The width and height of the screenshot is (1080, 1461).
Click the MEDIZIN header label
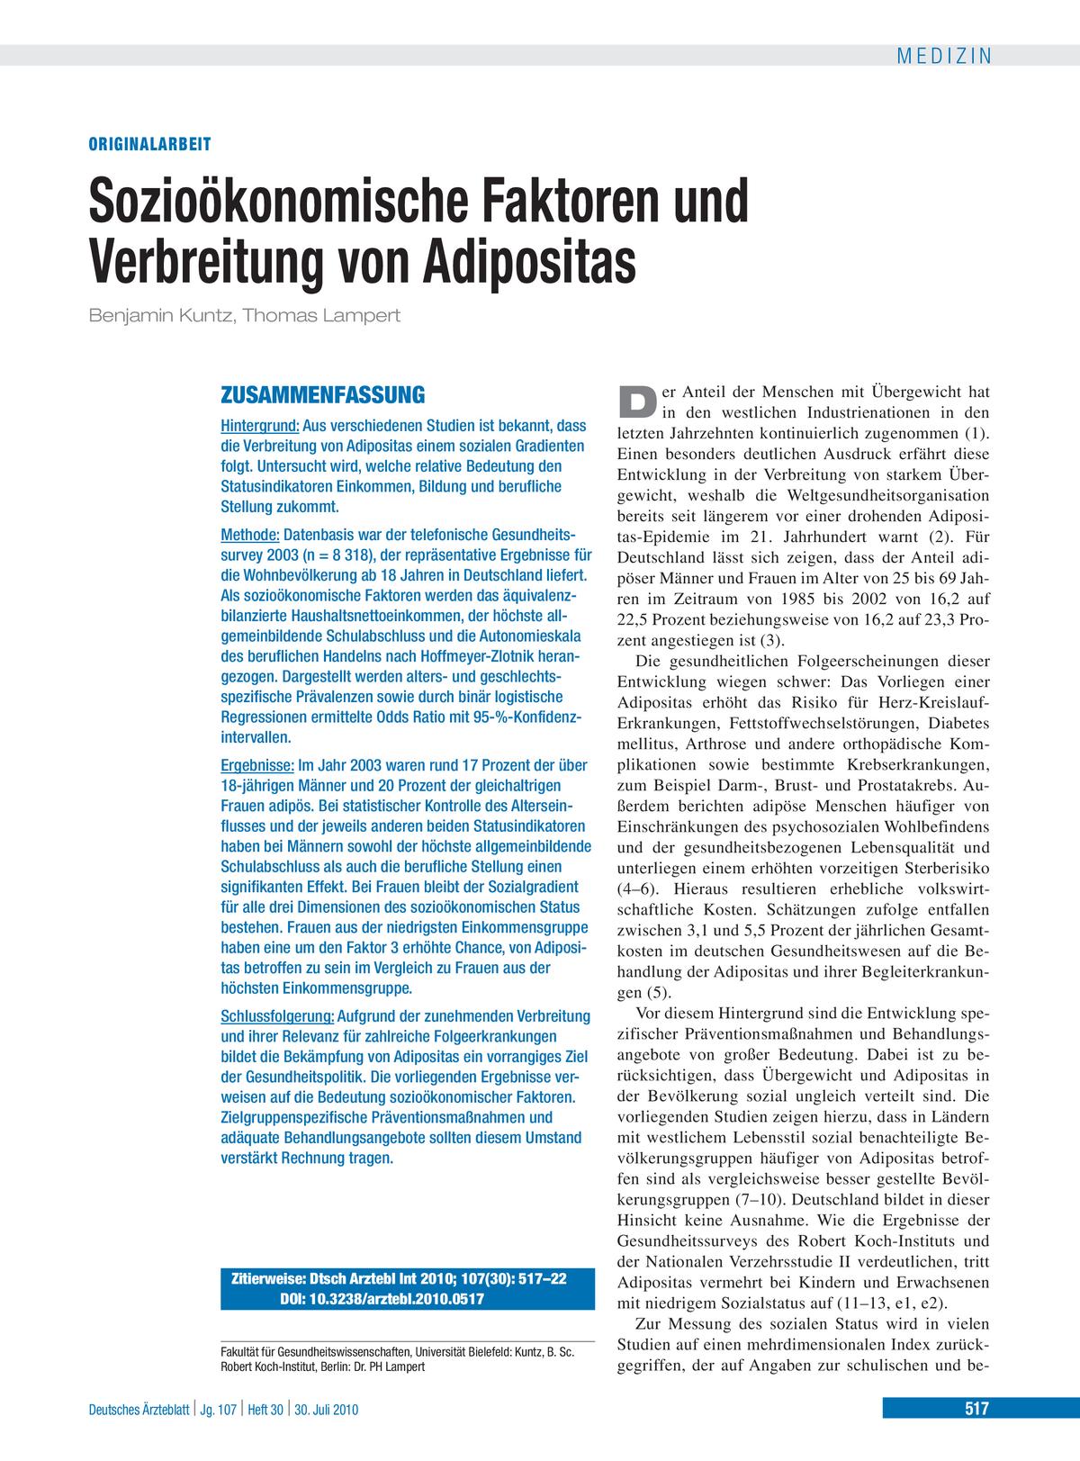coord(944,56)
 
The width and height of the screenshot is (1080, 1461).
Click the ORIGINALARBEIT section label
coord(149,143)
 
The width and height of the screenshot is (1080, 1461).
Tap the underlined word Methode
coord(250,535)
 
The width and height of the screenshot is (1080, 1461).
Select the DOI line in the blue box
coord(382,1298)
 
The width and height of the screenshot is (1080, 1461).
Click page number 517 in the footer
coord(975,1410)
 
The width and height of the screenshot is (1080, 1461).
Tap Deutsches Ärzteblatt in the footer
coord(139,1410)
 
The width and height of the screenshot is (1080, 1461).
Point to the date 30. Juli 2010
coord(327,1410)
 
